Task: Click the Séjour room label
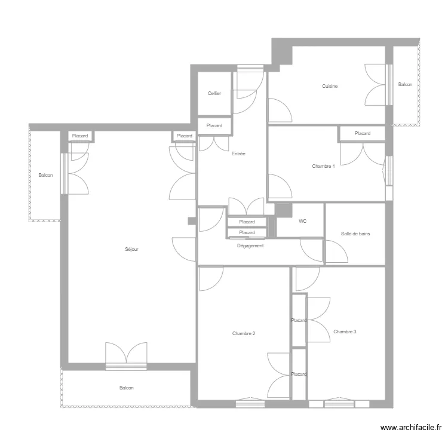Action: click(131, 249)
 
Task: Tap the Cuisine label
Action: click(330, 86)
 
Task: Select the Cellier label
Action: click(214, 93)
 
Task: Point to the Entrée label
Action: click(238, 154)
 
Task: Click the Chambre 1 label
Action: click(323, 166)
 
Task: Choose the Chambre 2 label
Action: click(244, 333)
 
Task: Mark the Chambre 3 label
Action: click(345, 332)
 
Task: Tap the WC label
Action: click(303, 221)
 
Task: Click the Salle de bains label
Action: click(355, 234)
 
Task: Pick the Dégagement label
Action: click(250, 246)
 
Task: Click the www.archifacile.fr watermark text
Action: click(411, 428)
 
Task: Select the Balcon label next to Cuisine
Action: click(405, 84)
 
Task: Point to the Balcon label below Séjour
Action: click(126, 388)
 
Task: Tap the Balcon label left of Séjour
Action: click(46, 175)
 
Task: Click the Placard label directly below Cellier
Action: click(214, 125)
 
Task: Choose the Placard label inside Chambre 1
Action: click(363, 133)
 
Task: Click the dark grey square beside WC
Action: click(283, 210)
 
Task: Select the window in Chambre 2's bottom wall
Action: click(250, 403)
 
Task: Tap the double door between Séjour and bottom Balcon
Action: click(126, 356)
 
